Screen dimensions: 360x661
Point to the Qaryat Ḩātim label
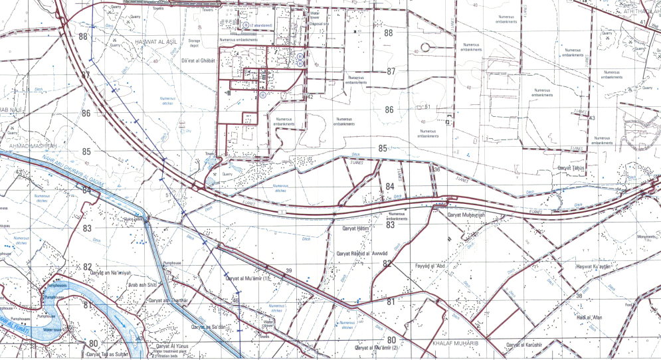pyautogui.click(x=355, y=228)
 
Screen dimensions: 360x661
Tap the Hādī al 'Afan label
pyautogui.click(x=588, y=317)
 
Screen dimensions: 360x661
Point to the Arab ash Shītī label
pyautogui.click(x=142, y=285)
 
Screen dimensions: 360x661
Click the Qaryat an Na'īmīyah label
pyautogui.click(x=112, y=272)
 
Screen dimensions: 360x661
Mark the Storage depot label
pyautogui.click(x=194, y=43)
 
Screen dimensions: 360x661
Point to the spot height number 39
pyautogui.click(x=289, y=270)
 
